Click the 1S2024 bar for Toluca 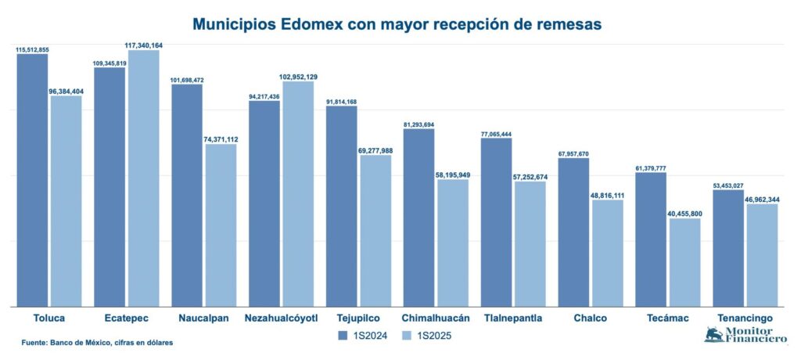pos(32,180)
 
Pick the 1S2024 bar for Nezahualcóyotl pos(264,203)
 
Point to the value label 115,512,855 pos(32,49)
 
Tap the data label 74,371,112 pos(221,139)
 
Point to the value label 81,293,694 pos(419,124)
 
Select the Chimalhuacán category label pos(435,319)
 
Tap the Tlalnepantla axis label pos(512,319)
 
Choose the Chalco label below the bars pos(590,319)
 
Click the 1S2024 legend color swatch pos(343,336)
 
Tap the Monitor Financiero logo pos(745,335)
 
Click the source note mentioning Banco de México pos(97,343)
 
